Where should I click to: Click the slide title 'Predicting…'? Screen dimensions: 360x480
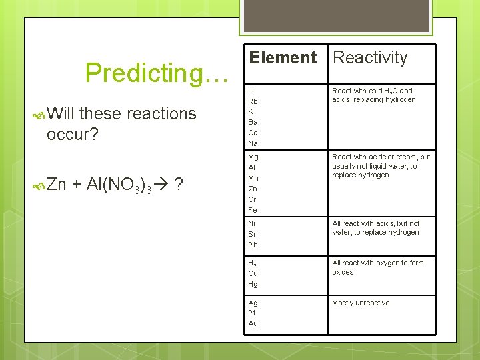click(x=157, y=73)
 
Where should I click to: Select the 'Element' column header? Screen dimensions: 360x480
click(x=283, y=58)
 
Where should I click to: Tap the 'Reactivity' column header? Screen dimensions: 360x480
click(x=370, y=58)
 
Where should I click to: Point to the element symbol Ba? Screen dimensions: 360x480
click(x=253, y=122)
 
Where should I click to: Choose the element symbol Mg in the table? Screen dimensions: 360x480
click(x=253, y=157)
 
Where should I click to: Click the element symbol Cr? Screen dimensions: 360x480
click(x=253, y=199)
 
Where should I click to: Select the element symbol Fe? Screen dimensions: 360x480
click(x=253, y=210)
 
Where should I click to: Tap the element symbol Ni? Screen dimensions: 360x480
click(x=252, y=223)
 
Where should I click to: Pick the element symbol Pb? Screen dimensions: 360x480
click(x=253, y=245)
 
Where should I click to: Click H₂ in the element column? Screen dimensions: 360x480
click(x=253, y=263)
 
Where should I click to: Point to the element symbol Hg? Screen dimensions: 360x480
click(x=253, y=284)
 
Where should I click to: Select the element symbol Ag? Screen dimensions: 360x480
click(x=253, y=303)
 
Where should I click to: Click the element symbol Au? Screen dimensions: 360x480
click(x=253, y=323)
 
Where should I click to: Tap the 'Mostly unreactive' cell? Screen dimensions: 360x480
click(x=361, y=303)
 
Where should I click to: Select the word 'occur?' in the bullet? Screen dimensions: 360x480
click(x=73, y=135)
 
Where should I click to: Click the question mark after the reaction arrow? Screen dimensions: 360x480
click(x=179, y=185)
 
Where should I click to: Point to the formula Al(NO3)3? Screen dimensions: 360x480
click(x=119, y=185)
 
